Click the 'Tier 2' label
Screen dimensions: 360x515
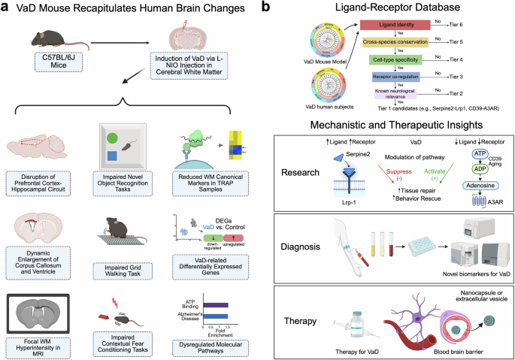(458, 92)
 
